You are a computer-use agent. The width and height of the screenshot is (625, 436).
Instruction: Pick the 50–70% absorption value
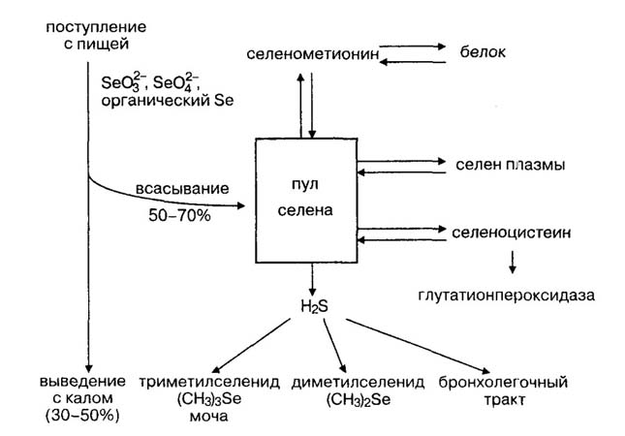click(181, 213)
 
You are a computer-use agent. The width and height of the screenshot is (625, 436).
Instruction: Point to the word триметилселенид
click(210, 383)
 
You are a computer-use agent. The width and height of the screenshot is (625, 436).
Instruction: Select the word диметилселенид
click(344, 383)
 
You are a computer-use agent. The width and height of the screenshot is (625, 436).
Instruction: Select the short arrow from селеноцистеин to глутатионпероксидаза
click(513, 259)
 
